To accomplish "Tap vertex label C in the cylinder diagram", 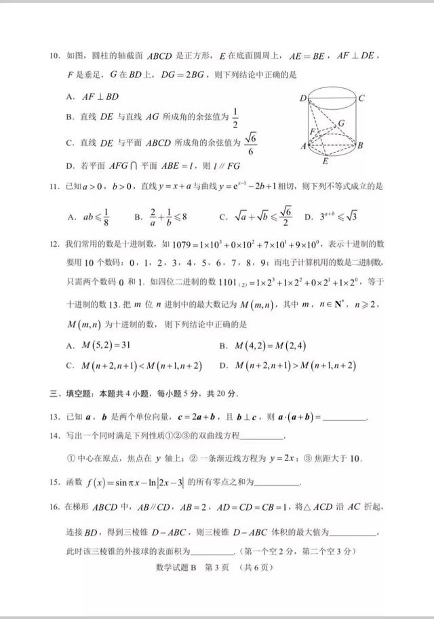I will (x=361, y=98).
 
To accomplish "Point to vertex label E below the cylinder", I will (x=325, y=161).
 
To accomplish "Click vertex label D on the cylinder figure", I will (x=302, y=98).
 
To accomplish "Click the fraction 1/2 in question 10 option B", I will (x=235, y=117).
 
